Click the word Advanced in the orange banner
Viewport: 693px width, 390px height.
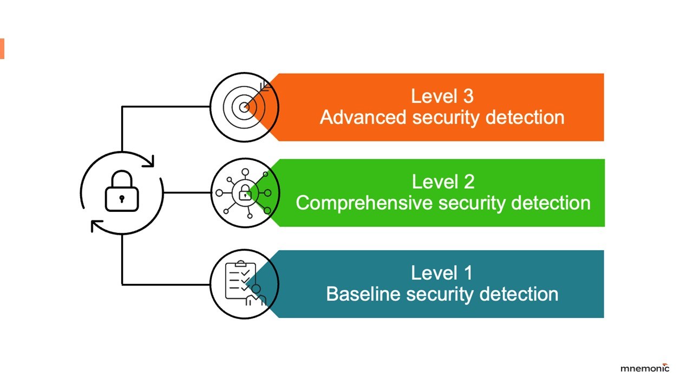click(363, 118)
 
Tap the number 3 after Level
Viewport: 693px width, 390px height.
click(468, 96)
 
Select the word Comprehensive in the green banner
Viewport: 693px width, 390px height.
click(364, 203)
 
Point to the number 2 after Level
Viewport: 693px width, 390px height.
click(469, 181)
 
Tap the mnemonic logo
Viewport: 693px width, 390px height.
click(645, 368)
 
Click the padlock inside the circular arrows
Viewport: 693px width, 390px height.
click(122, 191)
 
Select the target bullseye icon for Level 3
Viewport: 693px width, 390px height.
click(244, 107)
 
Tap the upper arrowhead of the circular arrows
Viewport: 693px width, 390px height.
click(149, 161)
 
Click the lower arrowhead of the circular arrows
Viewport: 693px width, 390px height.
click(96, 226)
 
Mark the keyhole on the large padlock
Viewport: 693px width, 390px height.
click(122, 199)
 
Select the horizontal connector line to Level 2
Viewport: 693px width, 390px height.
click(187, 193)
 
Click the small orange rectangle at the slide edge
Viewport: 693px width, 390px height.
click(2, 49)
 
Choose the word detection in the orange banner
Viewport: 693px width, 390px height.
click(525, 118)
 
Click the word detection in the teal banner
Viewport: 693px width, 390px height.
click(519, 294)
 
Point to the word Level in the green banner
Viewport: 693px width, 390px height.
click(434, 181)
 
